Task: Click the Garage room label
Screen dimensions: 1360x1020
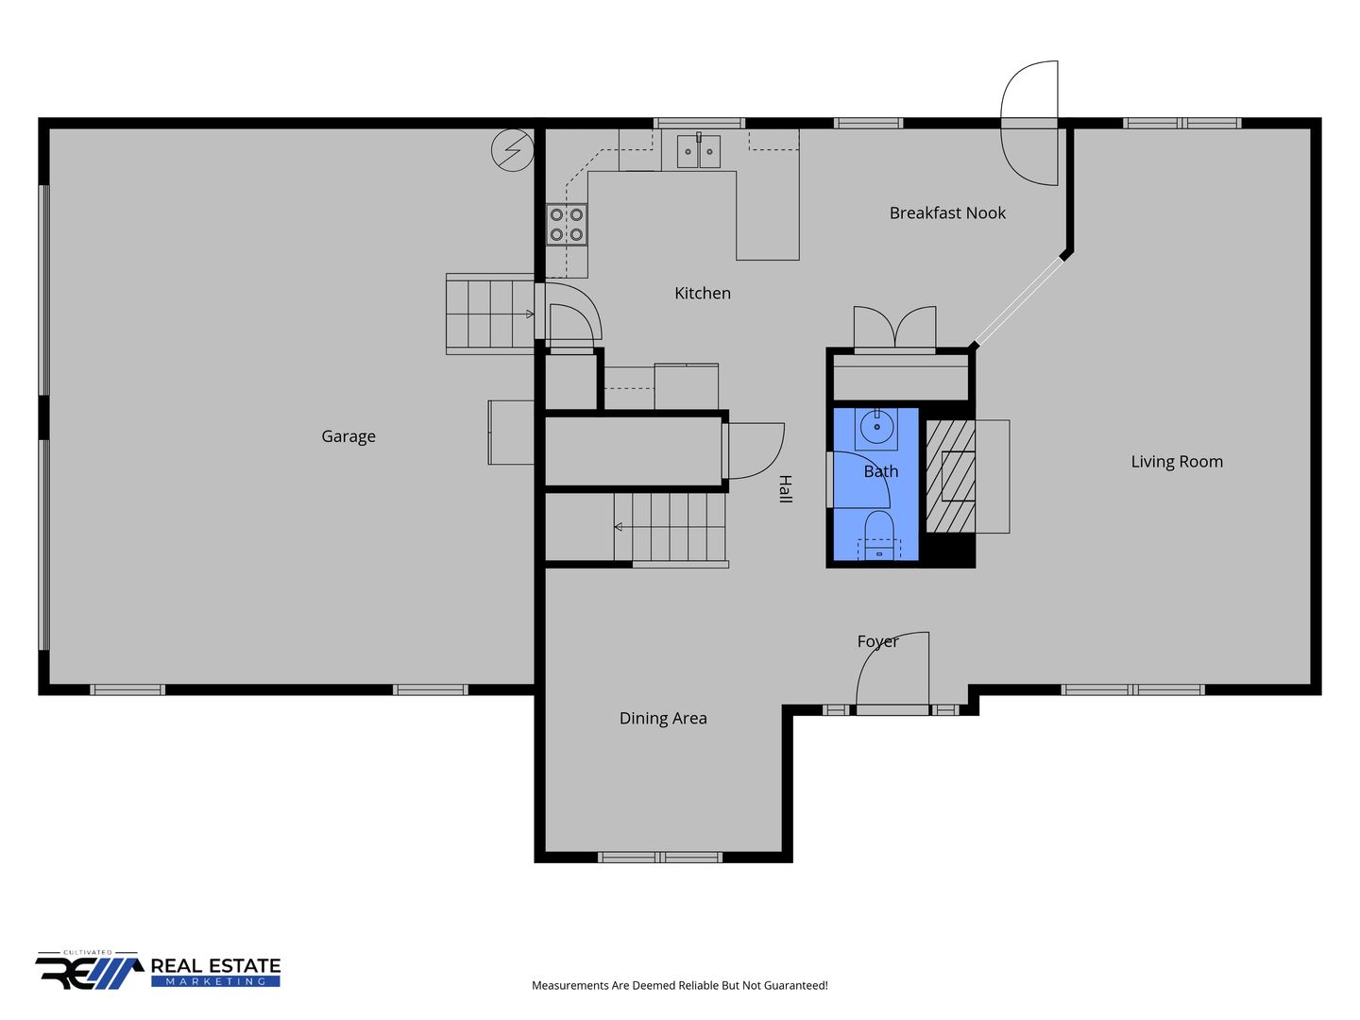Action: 348,436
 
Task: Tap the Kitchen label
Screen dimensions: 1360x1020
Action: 702,293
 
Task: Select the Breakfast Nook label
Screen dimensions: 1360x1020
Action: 946,213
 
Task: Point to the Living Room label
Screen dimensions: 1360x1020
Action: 1176,462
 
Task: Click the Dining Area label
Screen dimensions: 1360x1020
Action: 662,718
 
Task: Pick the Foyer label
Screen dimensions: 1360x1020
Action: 877,641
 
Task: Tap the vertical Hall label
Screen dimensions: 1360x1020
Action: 785,488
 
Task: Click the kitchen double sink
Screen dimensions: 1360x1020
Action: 698,151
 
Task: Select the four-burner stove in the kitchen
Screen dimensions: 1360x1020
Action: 567,224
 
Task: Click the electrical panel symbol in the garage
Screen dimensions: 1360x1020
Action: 512,149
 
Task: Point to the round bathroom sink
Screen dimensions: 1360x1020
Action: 876,427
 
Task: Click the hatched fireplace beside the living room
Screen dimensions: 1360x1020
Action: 950,476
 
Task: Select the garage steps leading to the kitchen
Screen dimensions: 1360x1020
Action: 490,314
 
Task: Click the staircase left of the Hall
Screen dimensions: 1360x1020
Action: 670,527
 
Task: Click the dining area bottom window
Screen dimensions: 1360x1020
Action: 660,858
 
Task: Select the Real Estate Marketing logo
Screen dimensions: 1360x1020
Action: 158,971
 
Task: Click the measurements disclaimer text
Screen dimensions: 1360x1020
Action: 679,985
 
